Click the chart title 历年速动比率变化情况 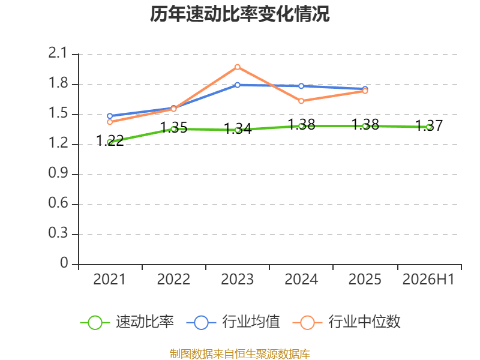point(239,14)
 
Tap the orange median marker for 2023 point(238,67)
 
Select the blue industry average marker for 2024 point(301,86)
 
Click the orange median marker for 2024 point(301,101)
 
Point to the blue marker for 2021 point(110,116)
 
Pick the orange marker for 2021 point(110,122)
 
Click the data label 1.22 point(110,141)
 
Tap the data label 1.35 point(173,128)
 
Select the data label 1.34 point(238,129)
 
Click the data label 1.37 point(429,126)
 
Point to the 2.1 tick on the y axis point(58,53)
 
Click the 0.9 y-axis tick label point(58,173)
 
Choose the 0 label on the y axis point(64,263)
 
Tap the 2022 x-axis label point(173,279)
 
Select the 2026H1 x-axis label point(428,279)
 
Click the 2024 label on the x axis point(301,279)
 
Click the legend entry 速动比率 point(127,322)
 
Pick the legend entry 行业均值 point(233,322)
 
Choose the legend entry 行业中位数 point(347,322)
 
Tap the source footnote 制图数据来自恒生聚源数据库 point(239,354)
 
